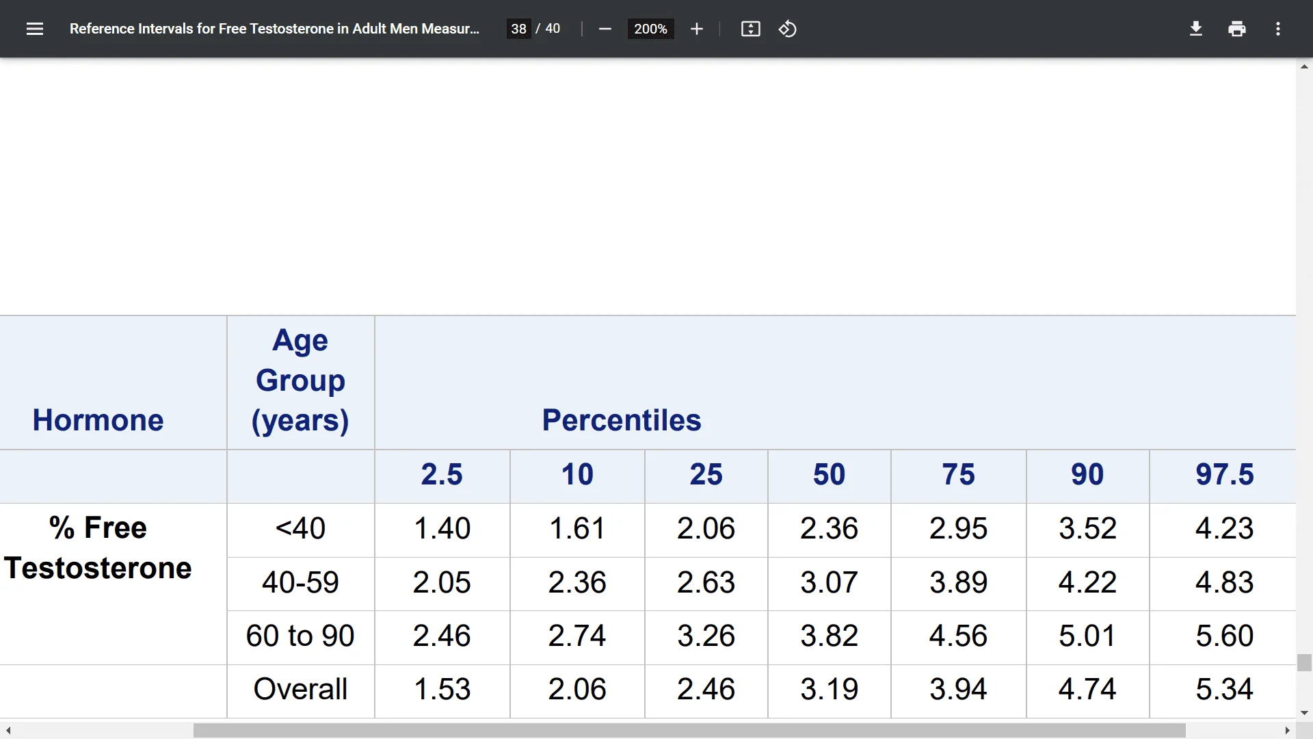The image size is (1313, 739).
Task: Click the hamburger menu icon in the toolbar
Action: point(35,29)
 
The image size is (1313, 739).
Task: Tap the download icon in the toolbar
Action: point(1195,29)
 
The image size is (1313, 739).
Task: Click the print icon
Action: point(1236,29)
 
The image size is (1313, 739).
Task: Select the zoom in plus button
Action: point(696,29)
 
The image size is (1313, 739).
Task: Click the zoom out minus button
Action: point(605,29)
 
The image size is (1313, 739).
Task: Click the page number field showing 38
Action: point(518,29)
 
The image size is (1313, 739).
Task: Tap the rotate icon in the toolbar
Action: point(787,29)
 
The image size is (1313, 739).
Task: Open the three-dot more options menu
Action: point(1277,29)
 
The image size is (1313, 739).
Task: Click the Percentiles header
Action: point(621,420)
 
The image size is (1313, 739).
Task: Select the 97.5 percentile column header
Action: point(1224,474)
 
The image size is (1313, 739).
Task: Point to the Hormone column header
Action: point(98,420)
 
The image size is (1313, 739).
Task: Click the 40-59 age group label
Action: point(300,582)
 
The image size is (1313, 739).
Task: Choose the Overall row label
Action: point(300,689)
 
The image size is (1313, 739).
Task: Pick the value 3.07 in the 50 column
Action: point(829,582)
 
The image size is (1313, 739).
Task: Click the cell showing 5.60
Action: point(1224,636)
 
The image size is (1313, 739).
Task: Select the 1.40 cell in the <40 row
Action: point(442,528)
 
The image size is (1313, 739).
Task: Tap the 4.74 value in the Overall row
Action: point(1087,689)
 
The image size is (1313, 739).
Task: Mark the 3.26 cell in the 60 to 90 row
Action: point(706,636)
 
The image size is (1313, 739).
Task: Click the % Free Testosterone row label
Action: point(98,547)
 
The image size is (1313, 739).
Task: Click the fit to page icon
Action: point(750,29)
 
